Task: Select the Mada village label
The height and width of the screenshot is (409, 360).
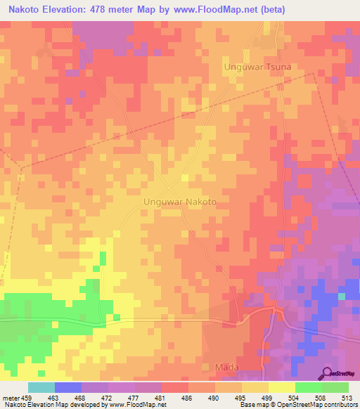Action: (226, 368)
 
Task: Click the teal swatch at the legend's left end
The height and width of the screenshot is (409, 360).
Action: (41, 387)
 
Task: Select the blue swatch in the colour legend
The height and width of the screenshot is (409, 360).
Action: (68, 387)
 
